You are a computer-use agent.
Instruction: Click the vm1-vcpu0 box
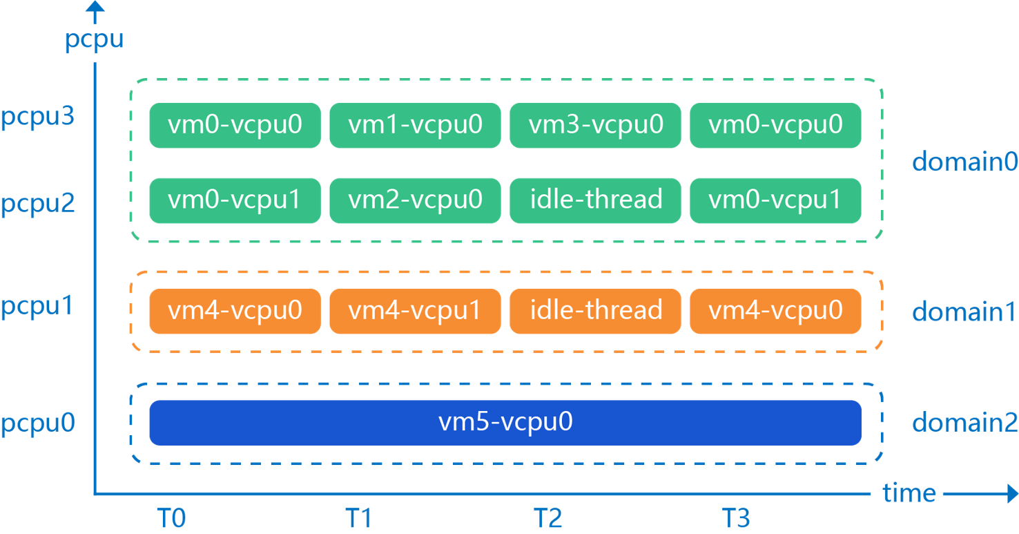pos(415,125)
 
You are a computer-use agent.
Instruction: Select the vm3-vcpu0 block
pos(595,125)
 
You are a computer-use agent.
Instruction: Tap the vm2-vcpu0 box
pos(415,200)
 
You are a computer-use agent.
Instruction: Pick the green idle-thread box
pos(595,200)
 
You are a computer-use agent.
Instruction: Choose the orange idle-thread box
pos(595,311)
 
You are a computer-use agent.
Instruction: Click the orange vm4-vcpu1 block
pos(415,311)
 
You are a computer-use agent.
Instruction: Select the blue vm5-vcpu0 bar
pos(505,423)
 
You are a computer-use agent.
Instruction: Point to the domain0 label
pos(965,162)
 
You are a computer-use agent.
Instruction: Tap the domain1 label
pos(965,312)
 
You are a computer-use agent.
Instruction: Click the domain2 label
pos(965,423)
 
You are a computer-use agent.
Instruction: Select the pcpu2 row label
pos(37,205)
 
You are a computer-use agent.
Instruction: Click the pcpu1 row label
pos(37,306)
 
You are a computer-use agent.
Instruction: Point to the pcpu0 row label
pos(37,423)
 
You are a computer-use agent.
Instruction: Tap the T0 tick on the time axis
pos(171,518)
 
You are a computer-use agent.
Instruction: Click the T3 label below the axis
pos(735,518)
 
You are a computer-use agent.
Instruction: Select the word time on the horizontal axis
pos(909,493)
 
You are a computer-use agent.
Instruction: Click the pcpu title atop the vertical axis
pos(94,39)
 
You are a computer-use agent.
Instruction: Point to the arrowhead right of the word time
pos(1011,494)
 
